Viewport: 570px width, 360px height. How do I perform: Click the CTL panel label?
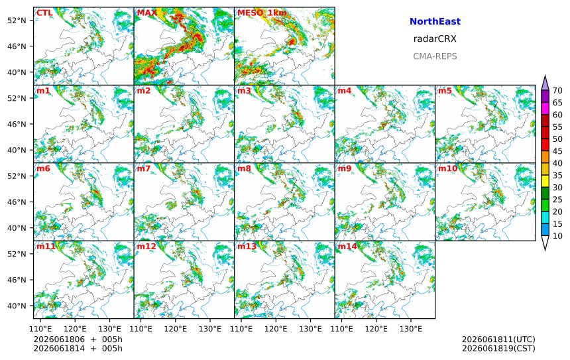[44, 13]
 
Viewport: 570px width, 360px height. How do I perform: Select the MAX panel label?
[146, 13]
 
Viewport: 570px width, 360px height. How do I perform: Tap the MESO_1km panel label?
[262, 13]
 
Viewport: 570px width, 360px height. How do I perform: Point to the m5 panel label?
[445, 91]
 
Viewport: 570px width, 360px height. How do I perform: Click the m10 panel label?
[447, 168]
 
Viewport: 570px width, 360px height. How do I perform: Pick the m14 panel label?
[347, 247]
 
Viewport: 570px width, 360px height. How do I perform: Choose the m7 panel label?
[144, 168]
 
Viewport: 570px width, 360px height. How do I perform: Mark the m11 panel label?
[46, 247]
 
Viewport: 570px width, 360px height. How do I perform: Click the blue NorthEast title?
[435, 21]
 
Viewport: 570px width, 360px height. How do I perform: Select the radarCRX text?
[435, 39]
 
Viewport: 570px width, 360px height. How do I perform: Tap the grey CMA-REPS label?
[435, 56]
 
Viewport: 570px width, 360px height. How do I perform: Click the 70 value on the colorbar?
[557, 91]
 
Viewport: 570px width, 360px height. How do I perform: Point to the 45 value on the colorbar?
[557, 151]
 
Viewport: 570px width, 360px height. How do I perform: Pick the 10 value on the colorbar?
[557, 236]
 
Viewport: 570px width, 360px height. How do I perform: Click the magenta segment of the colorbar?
[545, 108]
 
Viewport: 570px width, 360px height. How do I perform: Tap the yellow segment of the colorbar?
[545, 181]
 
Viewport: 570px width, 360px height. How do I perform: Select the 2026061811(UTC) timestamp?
[498, 339]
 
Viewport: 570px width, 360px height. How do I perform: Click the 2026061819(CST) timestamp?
[498, 348]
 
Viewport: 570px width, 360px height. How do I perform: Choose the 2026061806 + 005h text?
[78, 339]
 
